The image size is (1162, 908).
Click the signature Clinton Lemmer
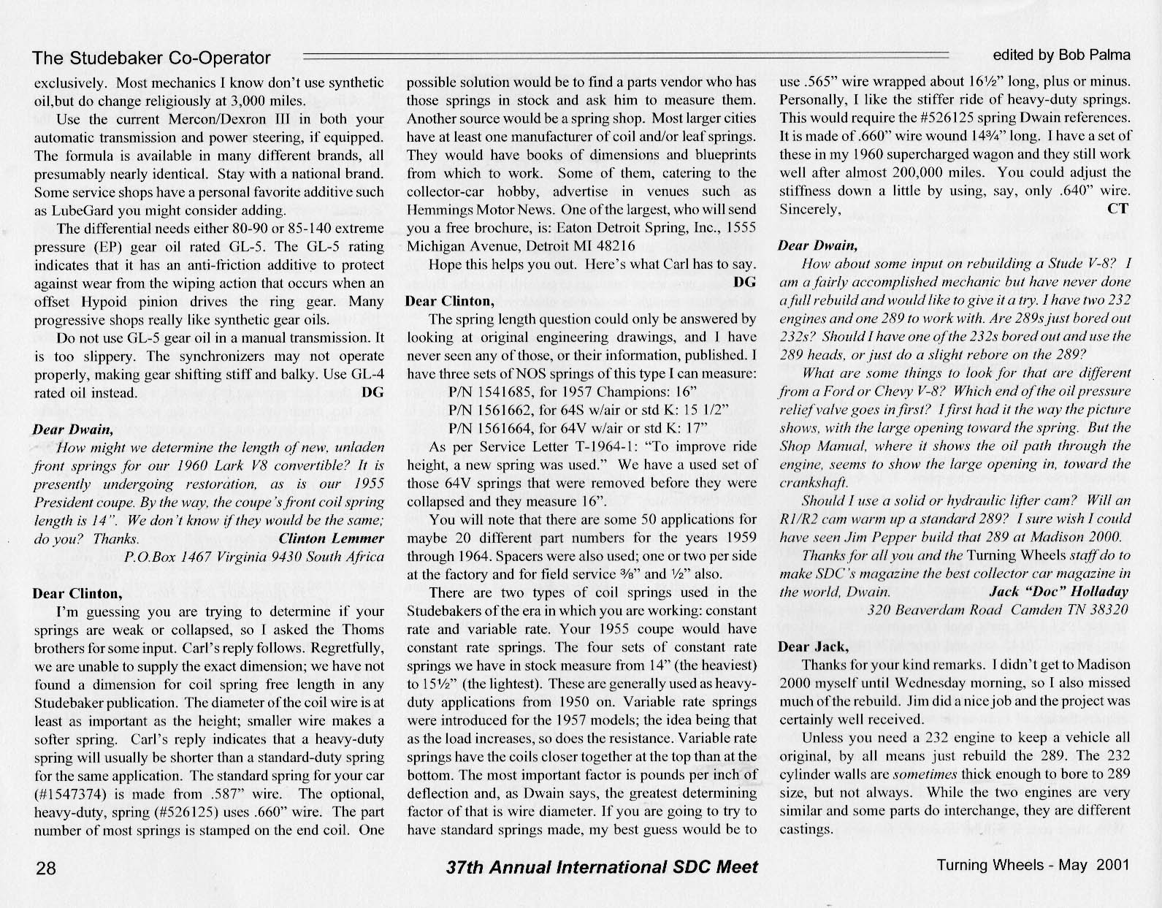pos(332,539)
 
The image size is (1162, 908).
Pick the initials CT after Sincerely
pos(1117,209)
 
